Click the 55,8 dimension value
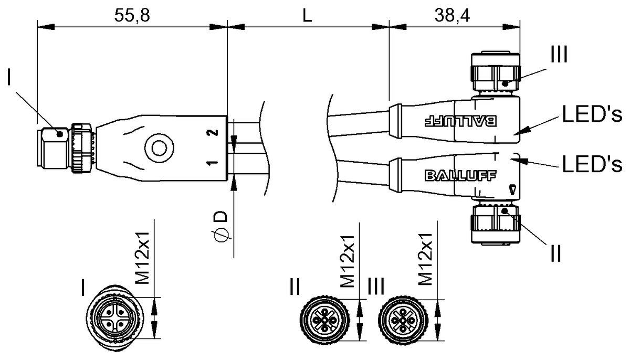pyautogui.click(x=132, y=15)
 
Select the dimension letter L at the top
pyautogui.click(x=307, y=15)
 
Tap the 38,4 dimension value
pyautogui.click(x=452, y=15)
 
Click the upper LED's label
pyautogui.click(x=592, y=114)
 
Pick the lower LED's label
pyautogui.click(x=592, y=164)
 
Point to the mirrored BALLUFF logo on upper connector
pyautogui.click(x=460, y=121)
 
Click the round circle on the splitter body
pyautogui.click(x=159, y=148)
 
